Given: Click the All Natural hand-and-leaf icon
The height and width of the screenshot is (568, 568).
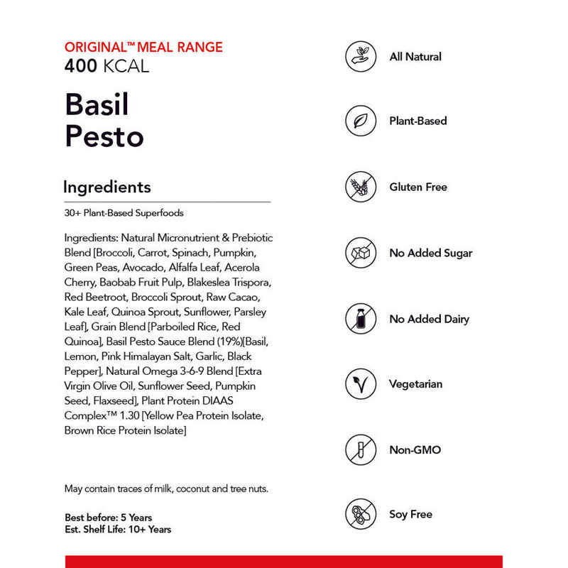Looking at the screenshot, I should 361,56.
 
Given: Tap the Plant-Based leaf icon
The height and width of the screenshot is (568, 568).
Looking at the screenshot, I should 361,121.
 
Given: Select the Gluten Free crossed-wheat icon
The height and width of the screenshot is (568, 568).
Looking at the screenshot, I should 361,187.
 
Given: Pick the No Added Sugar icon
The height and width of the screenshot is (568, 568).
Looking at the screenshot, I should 361,253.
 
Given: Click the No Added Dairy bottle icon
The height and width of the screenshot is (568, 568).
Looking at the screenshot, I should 361,319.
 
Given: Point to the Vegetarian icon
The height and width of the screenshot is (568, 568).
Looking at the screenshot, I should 361,384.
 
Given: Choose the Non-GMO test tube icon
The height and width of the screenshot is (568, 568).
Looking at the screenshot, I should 361,449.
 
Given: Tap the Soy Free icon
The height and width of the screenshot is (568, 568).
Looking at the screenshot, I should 361,514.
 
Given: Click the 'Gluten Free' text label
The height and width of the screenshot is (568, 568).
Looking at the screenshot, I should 418,187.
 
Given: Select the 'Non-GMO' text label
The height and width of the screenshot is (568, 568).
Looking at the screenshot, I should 415,450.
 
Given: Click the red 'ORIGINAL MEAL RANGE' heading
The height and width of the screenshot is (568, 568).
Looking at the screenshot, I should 143,48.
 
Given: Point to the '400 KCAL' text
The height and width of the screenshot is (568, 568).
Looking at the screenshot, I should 106,67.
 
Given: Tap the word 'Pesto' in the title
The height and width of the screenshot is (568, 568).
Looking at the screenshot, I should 104,136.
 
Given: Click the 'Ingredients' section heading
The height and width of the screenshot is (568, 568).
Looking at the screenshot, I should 107,187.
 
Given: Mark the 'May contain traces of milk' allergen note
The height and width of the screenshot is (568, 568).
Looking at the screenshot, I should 166,488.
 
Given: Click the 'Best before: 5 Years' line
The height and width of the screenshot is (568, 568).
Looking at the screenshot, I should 108,518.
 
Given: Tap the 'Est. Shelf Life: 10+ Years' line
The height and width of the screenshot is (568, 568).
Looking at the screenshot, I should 118,529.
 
